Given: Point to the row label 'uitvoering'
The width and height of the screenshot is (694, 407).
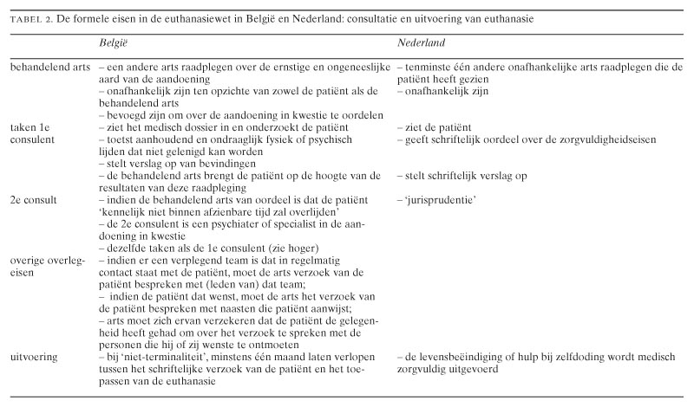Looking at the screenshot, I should click(32, 356).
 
